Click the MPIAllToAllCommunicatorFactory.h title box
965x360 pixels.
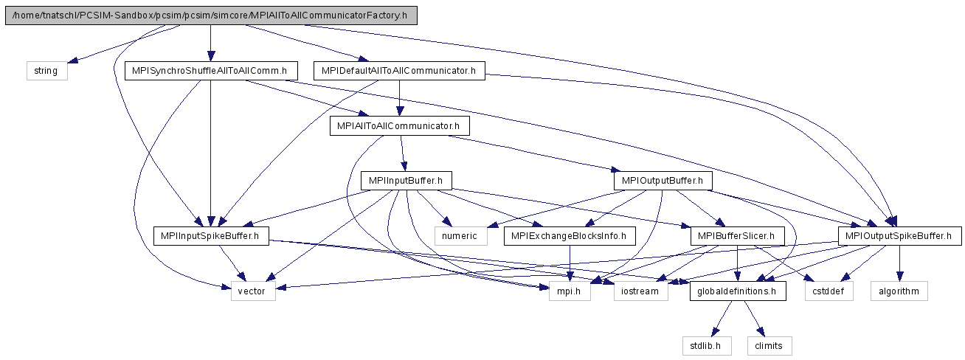pyautogui.click(x=211, y=15)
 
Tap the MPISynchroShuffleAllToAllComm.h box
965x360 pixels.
pyautogui.click(x=211, y=71)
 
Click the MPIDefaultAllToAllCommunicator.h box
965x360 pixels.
pyautogui.click(x=399, y=71)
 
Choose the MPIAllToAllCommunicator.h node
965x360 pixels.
pyautogui.click(x=400, y=125)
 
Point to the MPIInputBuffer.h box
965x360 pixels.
pyautogui.click(x=407, y=181)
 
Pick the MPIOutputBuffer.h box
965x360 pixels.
pyautogui.click(x=663, y=181)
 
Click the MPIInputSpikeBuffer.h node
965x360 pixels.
pyautogui.click(x=211, y=236)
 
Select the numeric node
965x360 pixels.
pyautogui.click(x=461, y=236)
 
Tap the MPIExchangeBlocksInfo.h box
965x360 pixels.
pyautogui.click(x=570, y=236)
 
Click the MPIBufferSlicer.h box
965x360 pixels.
pyautogui.click(x=738, y=236)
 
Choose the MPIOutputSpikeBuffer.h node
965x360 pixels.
pyautogui.click(x=899, y=236)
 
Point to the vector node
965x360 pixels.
pyautogui.click(x=253, y=291)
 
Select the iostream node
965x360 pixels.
pyautogui.click(x=641, y=291)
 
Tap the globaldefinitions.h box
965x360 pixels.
pyautogui.click(x=738, y=291)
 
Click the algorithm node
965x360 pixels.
pyautogui.click(x=899, y=291)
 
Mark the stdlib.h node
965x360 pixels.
pyautogui.click(x=707, y=346)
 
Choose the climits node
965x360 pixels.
pyautogui.click(x=769, y=346)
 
